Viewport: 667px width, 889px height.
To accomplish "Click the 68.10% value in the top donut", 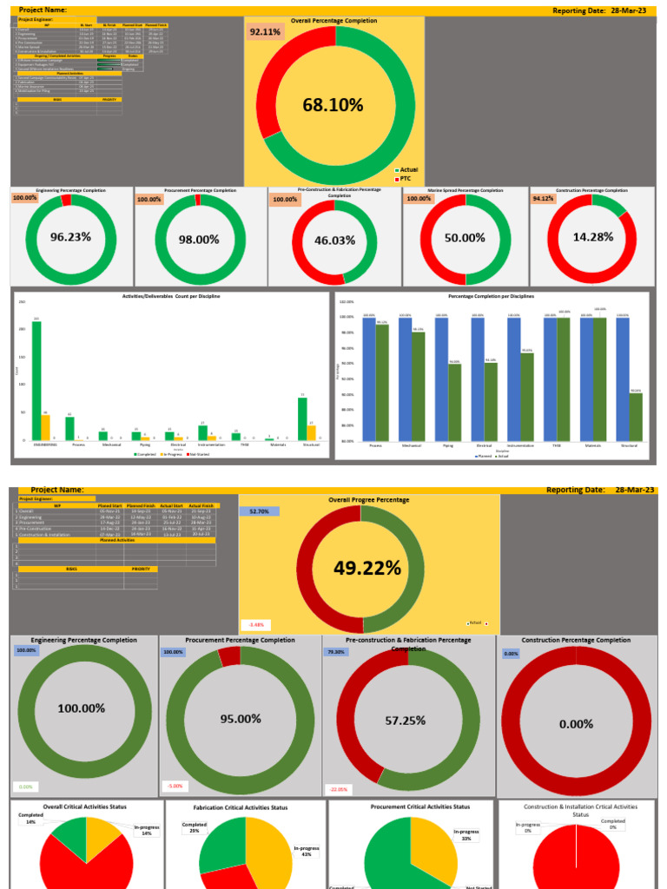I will (333, 105).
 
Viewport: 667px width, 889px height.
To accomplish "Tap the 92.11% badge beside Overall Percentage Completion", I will (265, 32).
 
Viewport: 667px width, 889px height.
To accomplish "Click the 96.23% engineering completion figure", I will (70, 236).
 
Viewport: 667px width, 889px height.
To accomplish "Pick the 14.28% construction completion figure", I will (593, 237).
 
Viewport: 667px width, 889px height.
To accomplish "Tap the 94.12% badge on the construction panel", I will (543, 198).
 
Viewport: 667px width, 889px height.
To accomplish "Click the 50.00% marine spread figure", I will (465, 238).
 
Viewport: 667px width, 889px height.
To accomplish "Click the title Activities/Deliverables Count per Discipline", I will (170, 297).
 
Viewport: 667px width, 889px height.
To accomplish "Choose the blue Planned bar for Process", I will (369, 379).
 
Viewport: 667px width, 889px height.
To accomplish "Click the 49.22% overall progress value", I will (367, 568).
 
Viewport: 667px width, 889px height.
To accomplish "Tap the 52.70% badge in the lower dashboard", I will (258, 511).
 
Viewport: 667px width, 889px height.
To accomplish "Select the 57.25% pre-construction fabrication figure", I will (409, 721).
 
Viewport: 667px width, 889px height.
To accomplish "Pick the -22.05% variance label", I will (338, 789).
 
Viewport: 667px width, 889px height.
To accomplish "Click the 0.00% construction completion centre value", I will (577, 724).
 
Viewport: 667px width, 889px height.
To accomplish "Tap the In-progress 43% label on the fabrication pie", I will (306, 850).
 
